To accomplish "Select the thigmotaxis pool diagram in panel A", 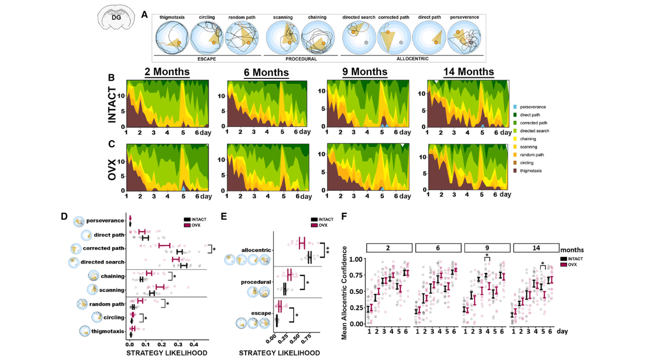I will (171, 37).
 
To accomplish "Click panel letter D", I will (64, 217).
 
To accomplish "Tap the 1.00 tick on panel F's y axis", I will (355, 259).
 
